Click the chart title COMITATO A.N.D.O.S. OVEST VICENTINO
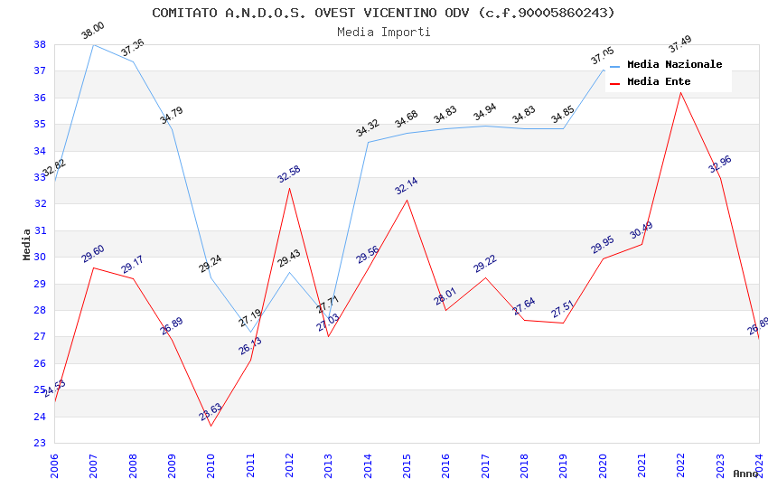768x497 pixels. [383, 13]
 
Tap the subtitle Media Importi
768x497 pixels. [383, 32]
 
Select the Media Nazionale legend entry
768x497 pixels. [674, 65]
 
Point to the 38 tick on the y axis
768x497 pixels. [40, 44]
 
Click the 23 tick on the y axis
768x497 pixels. [40, 443]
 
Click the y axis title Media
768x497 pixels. [26, 244]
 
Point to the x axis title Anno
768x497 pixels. [745, 474]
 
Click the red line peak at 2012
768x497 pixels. [289, 188]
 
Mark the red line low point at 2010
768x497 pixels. [211, 426]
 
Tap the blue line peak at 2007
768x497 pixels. [94, 44]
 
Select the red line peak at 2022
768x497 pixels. [681, 92]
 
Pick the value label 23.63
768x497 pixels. [211, 412]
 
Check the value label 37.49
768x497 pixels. [679, 42]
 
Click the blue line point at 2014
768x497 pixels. [368, 142]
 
